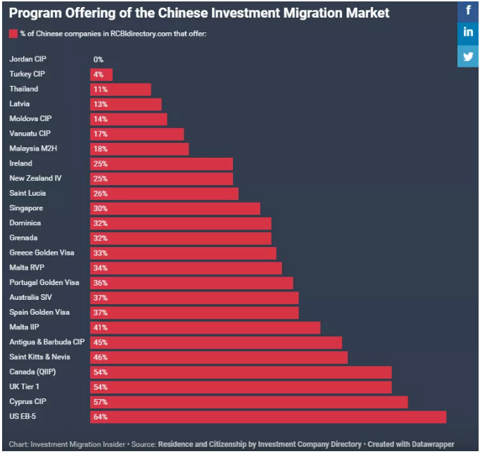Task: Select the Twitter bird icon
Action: click(x=469, y=56)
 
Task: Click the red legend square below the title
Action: click(x=13, y=34)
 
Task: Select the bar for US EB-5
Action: click(x=267, y=417)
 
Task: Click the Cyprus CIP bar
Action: click(x=248, y=402)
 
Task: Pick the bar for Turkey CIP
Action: click(x=101, y=75)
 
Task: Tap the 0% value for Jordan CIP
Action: click(x=99, y=60)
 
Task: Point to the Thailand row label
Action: click(x=24, y=89)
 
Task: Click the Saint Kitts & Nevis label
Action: click(x=39, y=358)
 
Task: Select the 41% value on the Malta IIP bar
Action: click(x=100, y=328)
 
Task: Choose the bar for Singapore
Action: click(x=175, y=208)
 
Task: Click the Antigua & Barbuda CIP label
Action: click(x=46, y=343)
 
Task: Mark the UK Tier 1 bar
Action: click(x=241, y=387)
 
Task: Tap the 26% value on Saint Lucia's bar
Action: click(x=100, y=194)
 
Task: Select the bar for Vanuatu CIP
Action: click(x=137, y=134)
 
